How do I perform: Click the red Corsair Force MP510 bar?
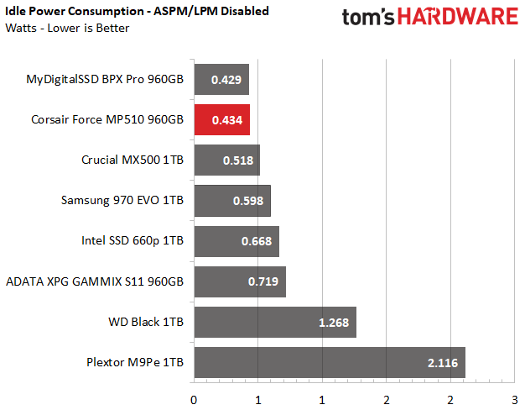click(x=221, y=120)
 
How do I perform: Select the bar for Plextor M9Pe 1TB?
click(x=330, y=362)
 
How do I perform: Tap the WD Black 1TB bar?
click(x=275, y=322)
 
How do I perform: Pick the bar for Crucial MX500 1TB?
click(x=226, y=160)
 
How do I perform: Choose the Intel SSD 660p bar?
click(x=237, y=241)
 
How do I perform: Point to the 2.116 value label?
click(x=442, y=362)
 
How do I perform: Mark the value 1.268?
click(x=334, y=322)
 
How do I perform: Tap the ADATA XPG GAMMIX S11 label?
click(x=94, y=281)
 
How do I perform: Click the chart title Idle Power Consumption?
click(x=127, y=12)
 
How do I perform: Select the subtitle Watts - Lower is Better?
click(x=67, y=28)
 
